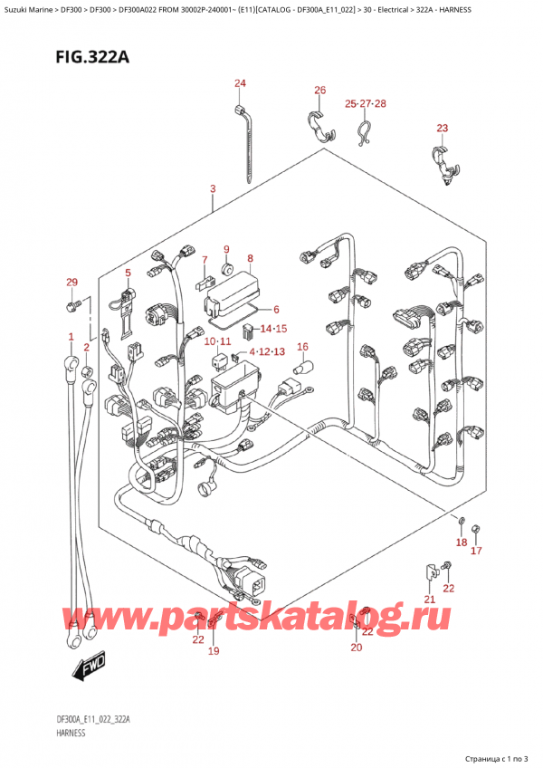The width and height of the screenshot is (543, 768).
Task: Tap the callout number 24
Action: tap(240, 84)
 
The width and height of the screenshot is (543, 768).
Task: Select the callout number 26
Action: tap(319, 90)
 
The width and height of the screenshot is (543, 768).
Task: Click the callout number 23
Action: tap(442, 128)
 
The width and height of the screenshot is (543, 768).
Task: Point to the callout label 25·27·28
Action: tap(366, 104)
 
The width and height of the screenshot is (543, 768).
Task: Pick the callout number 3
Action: tap(212, 189)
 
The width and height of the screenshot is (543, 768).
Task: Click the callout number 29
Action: tap(72, 283)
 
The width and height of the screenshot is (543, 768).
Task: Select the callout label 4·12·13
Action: tap(261, 350)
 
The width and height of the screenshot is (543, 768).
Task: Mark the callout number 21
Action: tap(430, 600)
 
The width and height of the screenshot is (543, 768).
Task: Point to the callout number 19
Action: tap(214, 650)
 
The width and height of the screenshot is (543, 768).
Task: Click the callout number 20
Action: tap(356, 647)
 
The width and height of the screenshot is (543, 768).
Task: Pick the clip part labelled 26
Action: tap(318, 126)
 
